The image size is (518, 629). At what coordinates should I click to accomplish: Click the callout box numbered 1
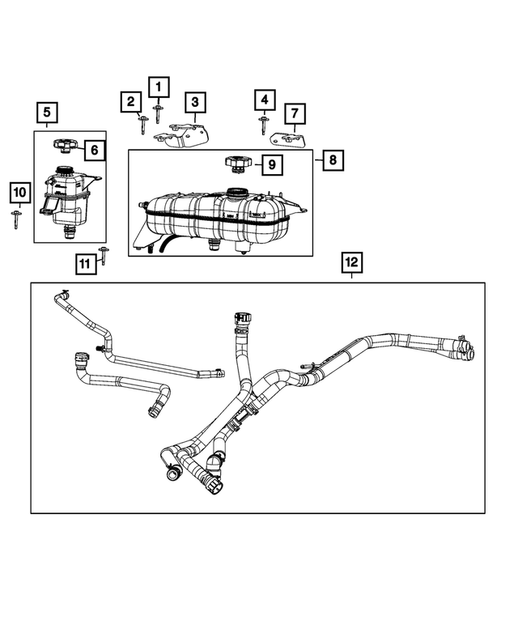pos(159,85)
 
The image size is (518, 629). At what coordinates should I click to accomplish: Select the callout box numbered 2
pos(129,102)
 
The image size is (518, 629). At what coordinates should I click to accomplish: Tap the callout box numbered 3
pos(194,103)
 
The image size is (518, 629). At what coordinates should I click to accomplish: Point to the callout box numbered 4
pos(263,100)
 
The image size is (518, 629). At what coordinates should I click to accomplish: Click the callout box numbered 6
pos(93,150)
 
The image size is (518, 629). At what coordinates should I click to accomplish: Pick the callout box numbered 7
pos(295,113)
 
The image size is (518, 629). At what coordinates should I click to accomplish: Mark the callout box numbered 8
pos(332,160)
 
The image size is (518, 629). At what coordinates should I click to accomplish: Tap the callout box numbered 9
pos(271,165)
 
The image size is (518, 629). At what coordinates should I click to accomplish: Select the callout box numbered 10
pos(19,193)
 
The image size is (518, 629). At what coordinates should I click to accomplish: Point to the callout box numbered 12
pos(351,262)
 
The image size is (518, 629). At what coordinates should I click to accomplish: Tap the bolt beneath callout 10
pos(17,219)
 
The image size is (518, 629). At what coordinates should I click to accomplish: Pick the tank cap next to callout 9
pos(236,164)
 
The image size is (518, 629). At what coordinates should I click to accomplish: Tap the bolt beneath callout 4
pos(263,125)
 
